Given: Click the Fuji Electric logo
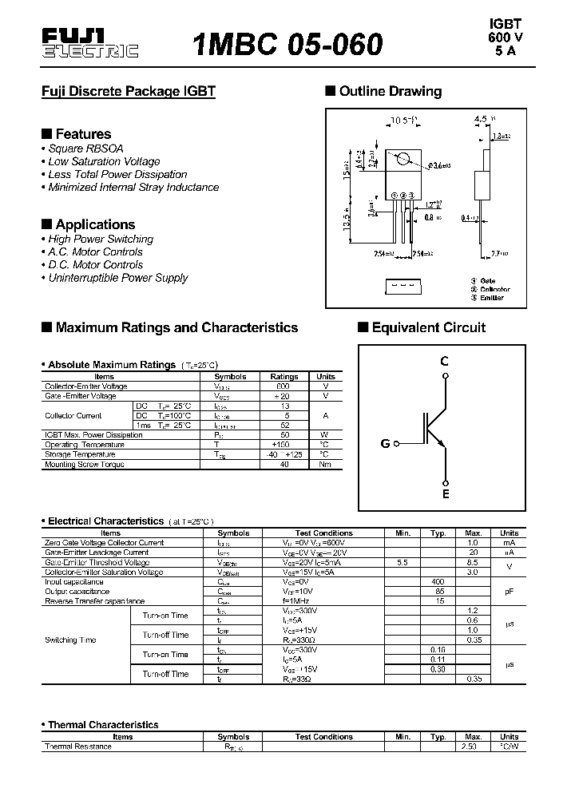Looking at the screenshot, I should [89, 43].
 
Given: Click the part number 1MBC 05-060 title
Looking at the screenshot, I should [288, 43].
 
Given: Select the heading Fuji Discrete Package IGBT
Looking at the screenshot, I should [129, 91].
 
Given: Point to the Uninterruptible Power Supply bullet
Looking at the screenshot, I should [117, 278].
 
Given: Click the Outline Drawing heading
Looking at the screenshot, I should [390, 91].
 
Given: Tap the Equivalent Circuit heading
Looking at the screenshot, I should [428, 327].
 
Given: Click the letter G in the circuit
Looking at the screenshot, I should [385, 443].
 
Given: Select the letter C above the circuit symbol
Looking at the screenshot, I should [445, 361].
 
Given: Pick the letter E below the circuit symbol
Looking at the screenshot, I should [446, 494].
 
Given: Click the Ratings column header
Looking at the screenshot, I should [284, 376].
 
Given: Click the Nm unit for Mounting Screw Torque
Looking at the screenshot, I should [325, 464].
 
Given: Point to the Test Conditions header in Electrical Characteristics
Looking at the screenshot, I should [323, 533].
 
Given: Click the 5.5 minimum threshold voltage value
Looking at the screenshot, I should [402, 562].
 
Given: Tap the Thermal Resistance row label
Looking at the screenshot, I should [78, 747].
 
